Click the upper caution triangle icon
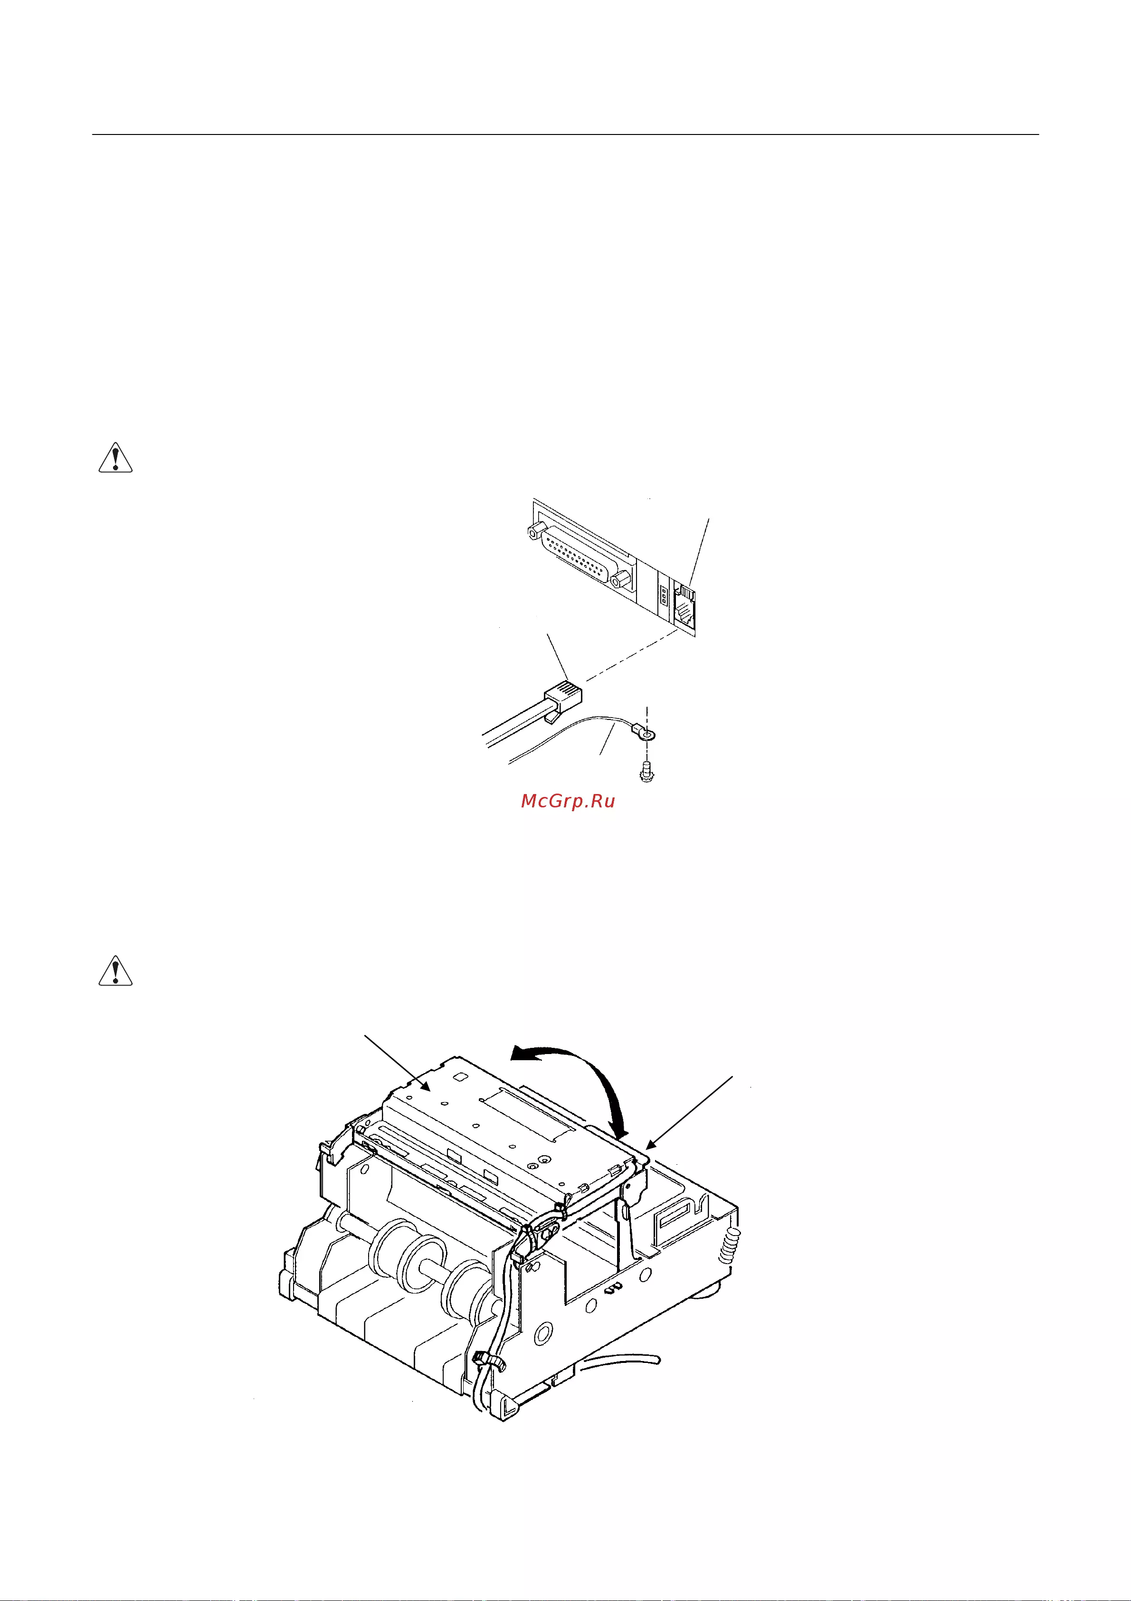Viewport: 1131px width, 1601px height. point(115,458)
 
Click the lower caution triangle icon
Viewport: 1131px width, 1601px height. point(115,971)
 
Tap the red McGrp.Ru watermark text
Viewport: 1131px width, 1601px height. point(568,801)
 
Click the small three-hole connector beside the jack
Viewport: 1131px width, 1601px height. point(663,597)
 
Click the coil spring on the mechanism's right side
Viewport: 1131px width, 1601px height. point(728,1244)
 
